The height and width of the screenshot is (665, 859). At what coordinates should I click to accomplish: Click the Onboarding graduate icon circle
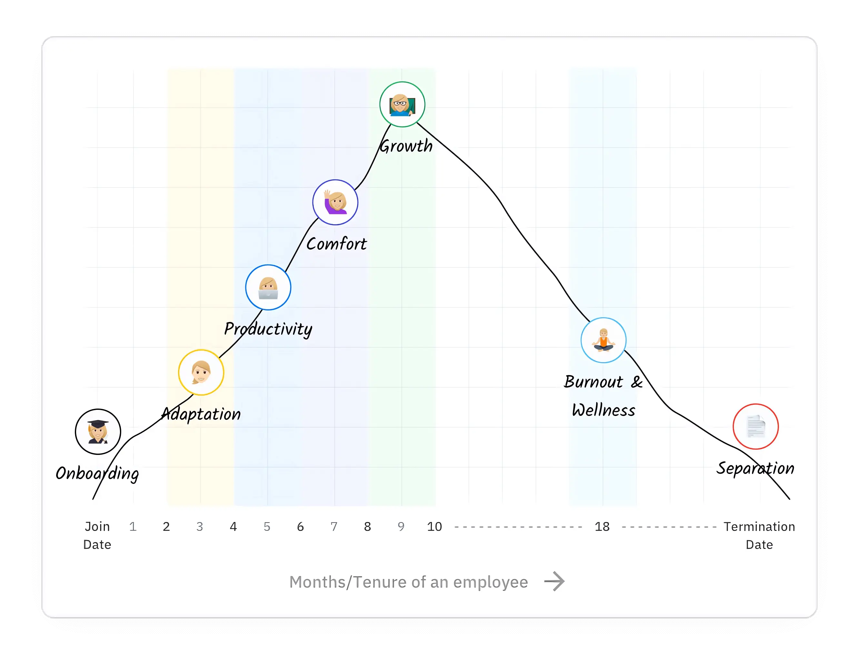click(98, 431)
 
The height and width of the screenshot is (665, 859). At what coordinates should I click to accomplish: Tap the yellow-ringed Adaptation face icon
click(201, 372)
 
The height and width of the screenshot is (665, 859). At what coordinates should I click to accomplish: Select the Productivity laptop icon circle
click(268, 287)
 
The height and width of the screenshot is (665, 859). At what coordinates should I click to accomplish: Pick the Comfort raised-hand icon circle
click(335, 202)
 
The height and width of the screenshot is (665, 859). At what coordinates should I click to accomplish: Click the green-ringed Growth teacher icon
click(402, 104)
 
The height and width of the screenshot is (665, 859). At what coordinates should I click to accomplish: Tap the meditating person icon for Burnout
click(603, 340)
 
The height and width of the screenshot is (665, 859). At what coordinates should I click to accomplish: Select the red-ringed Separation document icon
click(755, 427)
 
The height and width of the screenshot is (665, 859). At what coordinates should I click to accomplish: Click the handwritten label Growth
click(406, 146)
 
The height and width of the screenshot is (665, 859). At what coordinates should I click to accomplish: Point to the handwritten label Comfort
click(336, 244)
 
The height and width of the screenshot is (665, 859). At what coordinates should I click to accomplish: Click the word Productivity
click(268, 329)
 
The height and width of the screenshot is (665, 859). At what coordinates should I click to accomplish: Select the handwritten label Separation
click(755, 468)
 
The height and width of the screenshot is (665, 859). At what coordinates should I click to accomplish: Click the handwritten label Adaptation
click(201, 414)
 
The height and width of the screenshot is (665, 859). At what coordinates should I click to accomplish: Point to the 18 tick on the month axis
click(602, 527)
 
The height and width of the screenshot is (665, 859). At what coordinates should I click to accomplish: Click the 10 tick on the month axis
click(434, 527)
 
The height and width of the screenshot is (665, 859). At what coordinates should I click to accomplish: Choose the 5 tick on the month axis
click(267, 527)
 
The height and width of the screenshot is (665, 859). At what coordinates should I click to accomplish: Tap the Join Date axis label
click(97, 535)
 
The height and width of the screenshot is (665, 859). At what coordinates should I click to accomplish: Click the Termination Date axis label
click(759, 535)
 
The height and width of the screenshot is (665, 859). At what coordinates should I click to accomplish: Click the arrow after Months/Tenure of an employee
click(554, 581)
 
